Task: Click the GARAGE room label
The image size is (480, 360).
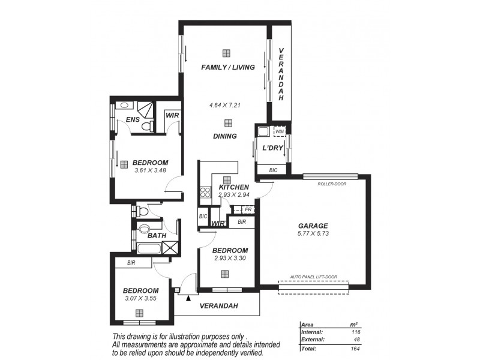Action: point(313,226)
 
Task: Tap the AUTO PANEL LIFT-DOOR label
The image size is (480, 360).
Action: point(313,277)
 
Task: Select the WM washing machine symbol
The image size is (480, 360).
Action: point(280,130)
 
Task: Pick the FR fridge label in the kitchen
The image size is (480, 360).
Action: point(248,209)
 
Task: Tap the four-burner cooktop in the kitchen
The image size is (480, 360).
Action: point(205,193)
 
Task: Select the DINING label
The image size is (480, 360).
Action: point(224,136)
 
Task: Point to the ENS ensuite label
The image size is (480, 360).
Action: point(133,120)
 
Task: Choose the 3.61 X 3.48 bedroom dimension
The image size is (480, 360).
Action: point(150,170)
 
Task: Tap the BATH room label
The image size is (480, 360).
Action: point(157,236)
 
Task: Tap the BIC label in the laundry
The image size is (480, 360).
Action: point(274,170)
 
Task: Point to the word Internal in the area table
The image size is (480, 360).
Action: point(313,332)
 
